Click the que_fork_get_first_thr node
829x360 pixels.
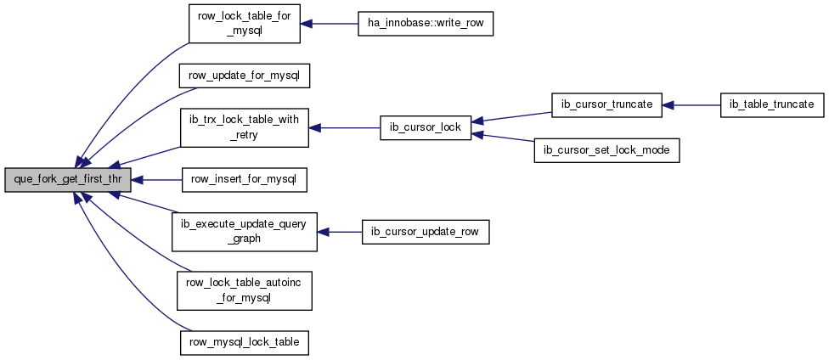point(67,180)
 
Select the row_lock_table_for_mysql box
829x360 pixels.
point(245,24)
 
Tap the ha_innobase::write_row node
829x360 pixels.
point(425,24)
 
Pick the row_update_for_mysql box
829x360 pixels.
point(244,76)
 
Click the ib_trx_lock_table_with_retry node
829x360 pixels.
point(244,128)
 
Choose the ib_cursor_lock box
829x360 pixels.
point(425,128)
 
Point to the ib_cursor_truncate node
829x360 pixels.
point(606,105)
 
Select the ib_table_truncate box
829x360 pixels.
point(772,105)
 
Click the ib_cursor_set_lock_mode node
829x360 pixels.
point(606,150)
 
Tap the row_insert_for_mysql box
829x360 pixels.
point(244,180)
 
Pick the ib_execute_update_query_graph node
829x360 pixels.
point(245,232)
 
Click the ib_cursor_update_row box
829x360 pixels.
point(425,232)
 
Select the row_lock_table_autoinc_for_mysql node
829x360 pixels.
point(245,290)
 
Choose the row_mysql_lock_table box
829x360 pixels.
point(244,342)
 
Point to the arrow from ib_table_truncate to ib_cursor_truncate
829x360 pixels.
point(691,105)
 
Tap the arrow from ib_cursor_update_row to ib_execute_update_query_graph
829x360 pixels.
point(340,232)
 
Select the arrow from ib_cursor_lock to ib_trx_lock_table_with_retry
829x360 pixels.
point(344,128)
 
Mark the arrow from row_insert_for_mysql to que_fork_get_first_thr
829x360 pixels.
point(156,180)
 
